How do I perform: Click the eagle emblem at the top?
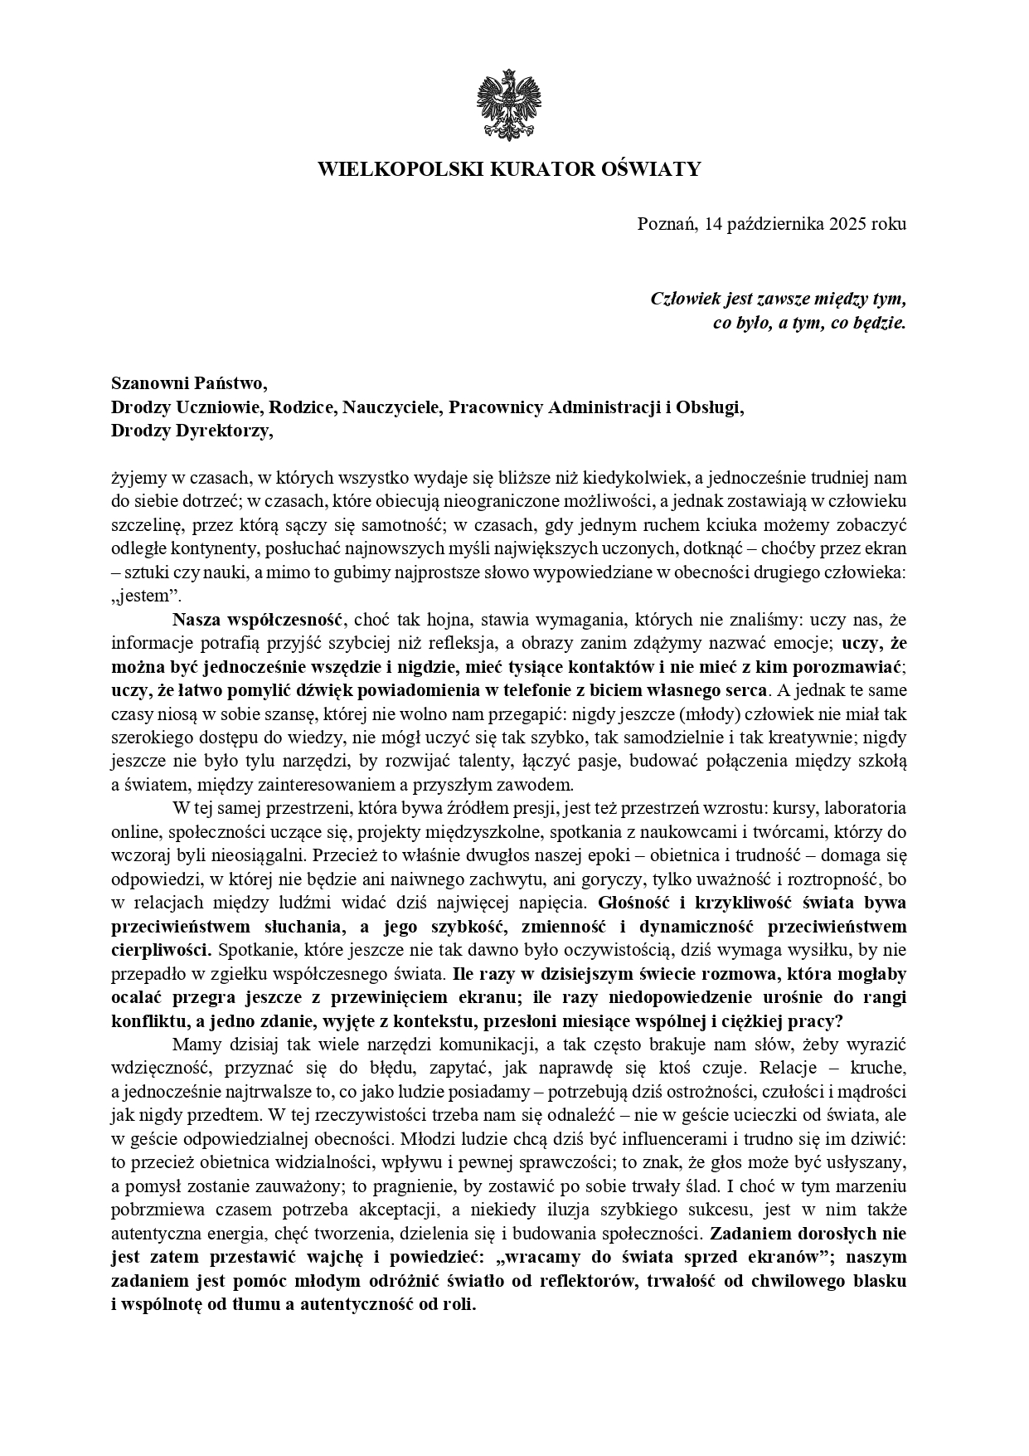click(507, 105)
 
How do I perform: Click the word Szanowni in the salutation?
click(148, 383)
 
